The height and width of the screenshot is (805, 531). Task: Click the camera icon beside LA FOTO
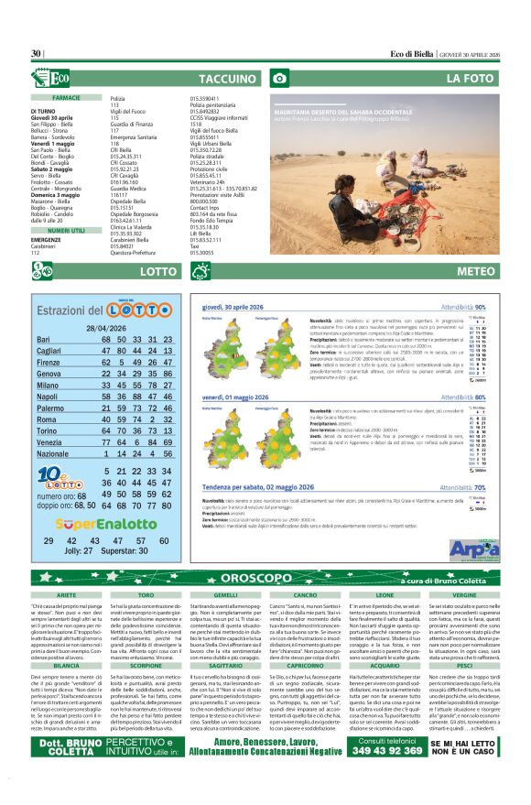(279, 79)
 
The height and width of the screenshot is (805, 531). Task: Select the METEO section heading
(475, 271)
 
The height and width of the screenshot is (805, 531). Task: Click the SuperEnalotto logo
(106, 524)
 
